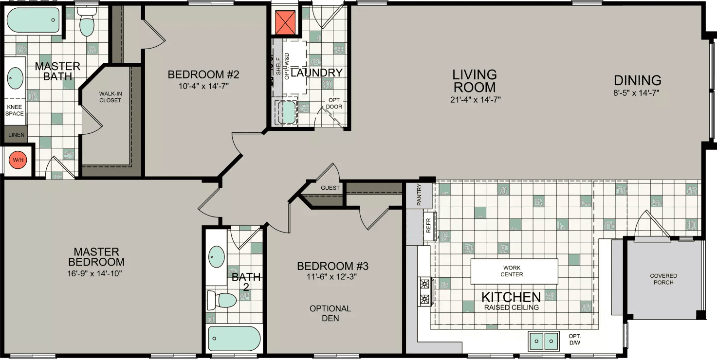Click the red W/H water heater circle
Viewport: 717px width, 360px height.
click(x=18, y=160)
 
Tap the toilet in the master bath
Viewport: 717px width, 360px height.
click(x=87, y=22)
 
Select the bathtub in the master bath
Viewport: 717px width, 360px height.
click(x=34, y=20)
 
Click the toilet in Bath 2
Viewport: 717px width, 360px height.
click(x=221, y=300)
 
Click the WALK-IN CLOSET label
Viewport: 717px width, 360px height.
click(x=110, y=97)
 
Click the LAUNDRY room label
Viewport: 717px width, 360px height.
click(x=317, y=73)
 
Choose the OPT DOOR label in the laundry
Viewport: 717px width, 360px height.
click(x=334, y=104)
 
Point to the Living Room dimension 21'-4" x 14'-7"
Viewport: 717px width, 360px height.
click(x=475, y=99)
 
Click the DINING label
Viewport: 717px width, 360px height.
click(x=637, y=80)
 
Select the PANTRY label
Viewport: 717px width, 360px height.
click(x=419, y=194)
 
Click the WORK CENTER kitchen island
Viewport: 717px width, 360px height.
click(x=514, y=271)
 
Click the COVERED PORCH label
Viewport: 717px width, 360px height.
click(x=663, y=279)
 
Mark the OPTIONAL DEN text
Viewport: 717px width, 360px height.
click(x=330, y=313)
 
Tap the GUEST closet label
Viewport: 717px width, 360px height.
click(x=330, y=188)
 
